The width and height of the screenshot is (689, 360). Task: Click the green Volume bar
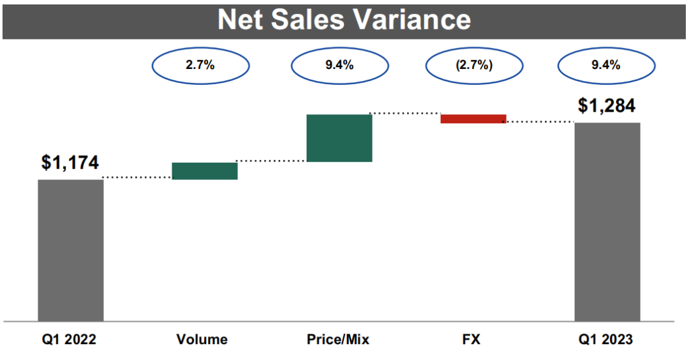coord(205,171)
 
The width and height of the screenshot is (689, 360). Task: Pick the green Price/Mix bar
coord(339,138)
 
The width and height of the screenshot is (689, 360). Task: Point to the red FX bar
coord(473,119)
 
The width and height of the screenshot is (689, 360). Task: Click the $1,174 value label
coord(70,163)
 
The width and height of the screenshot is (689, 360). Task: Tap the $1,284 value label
coord(607,105)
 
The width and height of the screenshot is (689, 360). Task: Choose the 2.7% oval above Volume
coord(200,66)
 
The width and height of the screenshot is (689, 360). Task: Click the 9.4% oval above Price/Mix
coord(339,66)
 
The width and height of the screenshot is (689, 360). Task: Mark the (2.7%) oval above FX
coord(473,66)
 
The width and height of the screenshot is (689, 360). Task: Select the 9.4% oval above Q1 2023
coord(606,66)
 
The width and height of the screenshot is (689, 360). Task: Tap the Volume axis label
coord(202,340)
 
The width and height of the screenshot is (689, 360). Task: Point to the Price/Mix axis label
coord(337,340)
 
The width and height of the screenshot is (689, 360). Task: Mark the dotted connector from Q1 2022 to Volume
coord(137,177)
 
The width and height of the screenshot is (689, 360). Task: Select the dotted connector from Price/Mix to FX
coord(406,113)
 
